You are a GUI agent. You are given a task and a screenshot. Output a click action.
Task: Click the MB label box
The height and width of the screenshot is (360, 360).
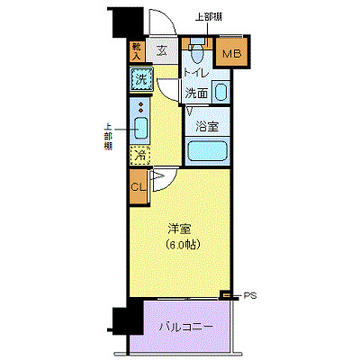(232, 53)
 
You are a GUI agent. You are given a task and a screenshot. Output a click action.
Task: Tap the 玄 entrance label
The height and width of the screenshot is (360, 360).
(163, 51)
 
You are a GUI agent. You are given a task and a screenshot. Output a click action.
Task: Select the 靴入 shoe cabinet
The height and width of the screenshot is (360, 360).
(137, 51)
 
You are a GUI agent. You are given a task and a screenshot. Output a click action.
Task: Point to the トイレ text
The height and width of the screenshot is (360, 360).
(197, 72)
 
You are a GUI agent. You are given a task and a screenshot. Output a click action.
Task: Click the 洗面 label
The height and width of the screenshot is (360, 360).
(197, 92)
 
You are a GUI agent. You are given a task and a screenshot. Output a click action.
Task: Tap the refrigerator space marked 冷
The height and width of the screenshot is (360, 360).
(139, 156)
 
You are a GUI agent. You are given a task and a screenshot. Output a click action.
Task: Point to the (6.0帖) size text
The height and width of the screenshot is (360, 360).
(181, 245)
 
